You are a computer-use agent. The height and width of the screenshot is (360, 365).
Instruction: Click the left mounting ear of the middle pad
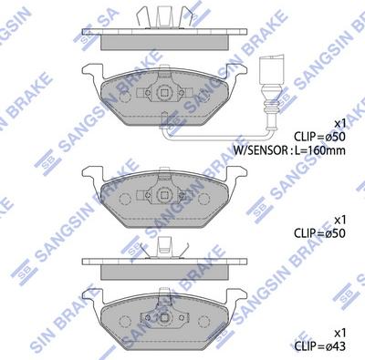pyautogui.click(x=92, y=173)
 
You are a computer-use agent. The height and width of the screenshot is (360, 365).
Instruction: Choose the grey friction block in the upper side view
pyautogui.click(x=163, y=39)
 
